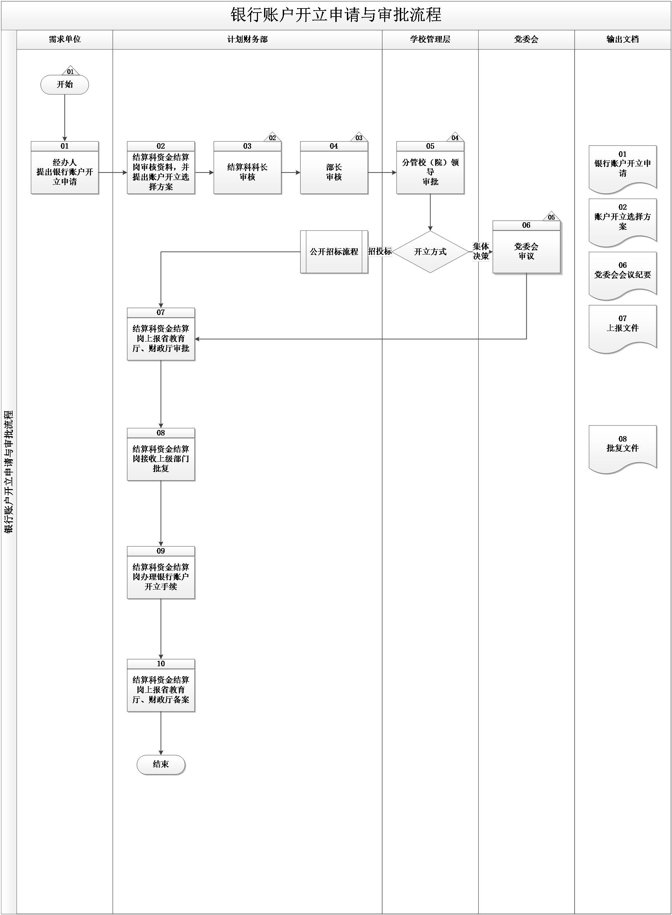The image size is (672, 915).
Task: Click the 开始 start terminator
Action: click(x=65, y=85)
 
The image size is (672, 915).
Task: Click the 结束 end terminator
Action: click(x=161, y=765)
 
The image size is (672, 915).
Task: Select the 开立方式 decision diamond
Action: click(x=430, y=252)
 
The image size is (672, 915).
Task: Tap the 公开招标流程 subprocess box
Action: click(x=334, y=252)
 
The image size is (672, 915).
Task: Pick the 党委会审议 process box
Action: click(x=526, y=251)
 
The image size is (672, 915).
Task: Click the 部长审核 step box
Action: click(x=334, y=172)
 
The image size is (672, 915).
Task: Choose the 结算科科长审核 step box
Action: click(x=247, y=172)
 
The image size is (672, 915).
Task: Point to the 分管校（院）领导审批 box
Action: click(x=430, y=172)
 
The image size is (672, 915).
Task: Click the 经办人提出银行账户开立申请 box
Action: click(x=65, y=172)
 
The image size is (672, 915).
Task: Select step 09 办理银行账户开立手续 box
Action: click(x=161, y=577)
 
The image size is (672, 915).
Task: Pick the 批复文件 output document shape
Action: click(x=622, y=447)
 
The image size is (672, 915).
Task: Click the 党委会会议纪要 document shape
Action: click(x=622, y=274)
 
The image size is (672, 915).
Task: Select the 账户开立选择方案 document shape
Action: click(x=622, y=220)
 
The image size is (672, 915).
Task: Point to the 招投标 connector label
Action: click(x=380, y=251)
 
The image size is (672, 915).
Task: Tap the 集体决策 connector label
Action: click(x=481, y=251)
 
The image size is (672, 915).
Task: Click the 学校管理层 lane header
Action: click(x=430, y=39)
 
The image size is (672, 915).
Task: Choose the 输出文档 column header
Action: click(x=622, y=39)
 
